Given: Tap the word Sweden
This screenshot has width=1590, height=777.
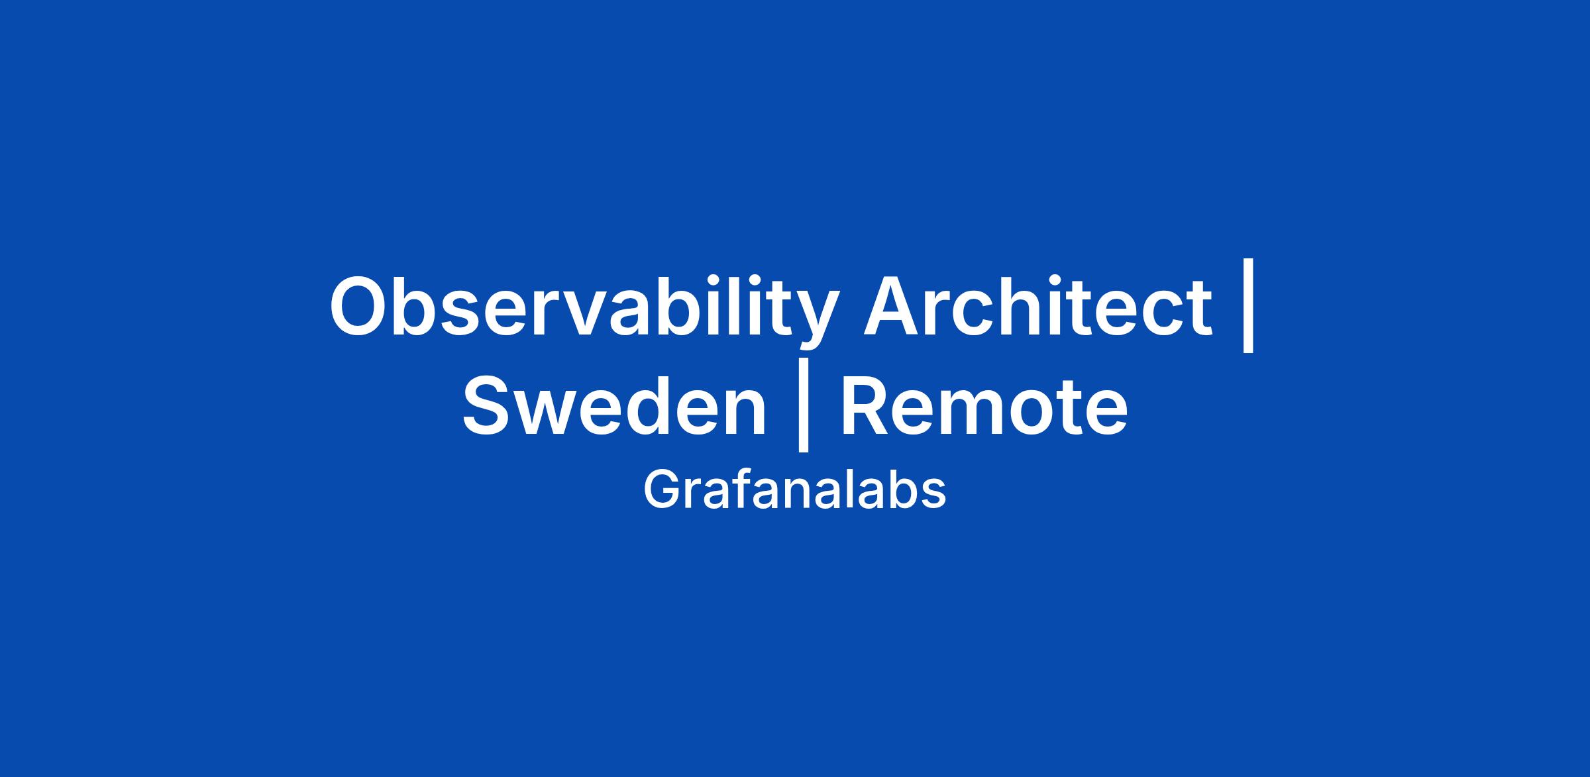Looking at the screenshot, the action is tap(614, 405).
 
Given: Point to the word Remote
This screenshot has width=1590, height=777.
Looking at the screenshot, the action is tap(984, 406).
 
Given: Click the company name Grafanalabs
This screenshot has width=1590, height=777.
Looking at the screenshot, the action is tap(794, 490).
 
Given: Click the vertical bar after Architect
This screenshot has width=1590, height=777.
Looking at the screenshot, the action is tap(1249, 305).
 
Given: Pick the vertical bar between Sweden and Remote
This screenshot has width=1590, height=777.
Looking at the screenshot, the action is tap(804, 405).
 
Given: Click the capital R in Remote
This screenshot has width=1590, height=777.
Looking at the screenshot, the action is tap(865, 405).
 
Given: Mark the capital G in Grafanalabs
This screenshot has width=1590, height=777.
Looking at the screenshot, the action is tap(662, 490).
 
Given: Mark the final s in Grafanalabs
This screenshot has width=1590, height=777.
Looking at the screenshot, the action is tap(933, 496).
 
